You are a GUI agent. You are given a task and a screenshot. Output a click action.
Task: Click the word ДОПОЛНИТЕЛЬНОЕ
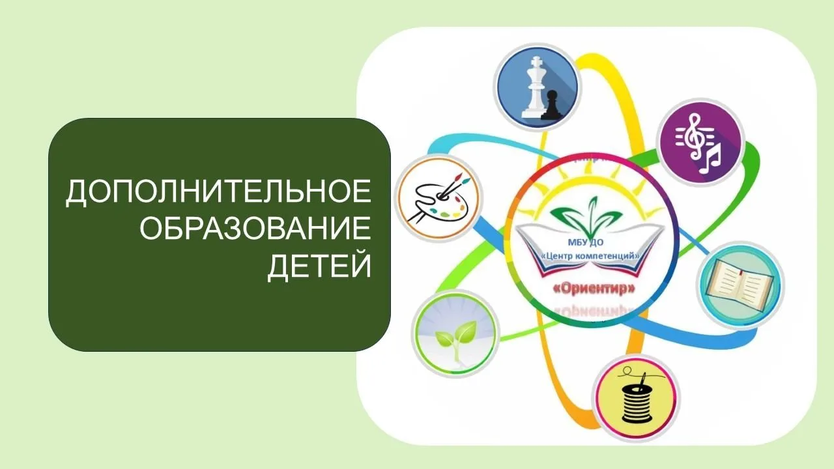tap(218, 193)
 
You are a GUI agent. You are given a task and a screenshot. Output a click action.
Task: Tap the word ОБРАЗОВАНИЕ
tap(256, 230)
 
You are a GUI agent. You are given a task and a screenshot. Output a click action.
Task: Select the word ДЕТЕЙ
tap(319, 266)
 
